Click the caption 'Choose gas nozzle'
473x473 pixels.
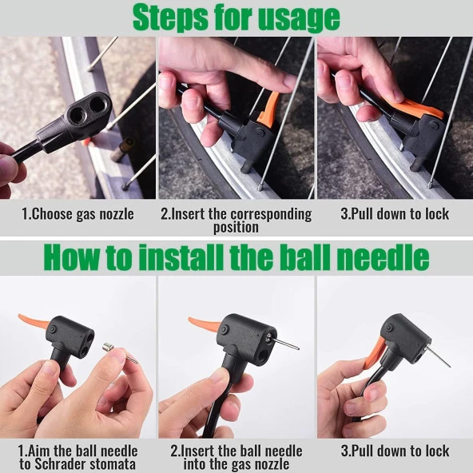[x=82, y=214]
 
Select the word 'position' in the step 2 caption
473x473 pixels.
[x=236, y=227]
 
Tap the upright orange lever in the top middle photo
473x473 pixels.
[x=268, y=109]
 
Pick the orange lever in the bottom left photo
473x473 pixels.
[x=33, y=320]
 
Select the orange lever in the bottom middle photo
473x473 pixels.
[x=204, y=324]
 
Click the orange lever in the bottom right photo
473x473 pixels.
[x=375, y=353]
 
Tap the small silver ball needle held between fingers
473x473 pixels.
[x=120, y=352]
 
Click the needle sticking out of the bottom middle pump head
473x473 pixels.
[x=285, y=344]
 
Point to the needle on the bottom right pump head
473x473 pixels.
[x=437, y=356]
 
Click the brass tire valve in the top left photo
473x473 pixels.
[x=122, y=149]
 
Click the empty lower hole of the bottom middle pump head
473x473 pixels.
[x=261, y=356]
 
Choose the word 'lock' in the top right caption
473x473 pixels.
[x=437, y=213]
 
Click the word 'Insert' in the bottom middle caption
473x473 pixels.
[x=197, y=451]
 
